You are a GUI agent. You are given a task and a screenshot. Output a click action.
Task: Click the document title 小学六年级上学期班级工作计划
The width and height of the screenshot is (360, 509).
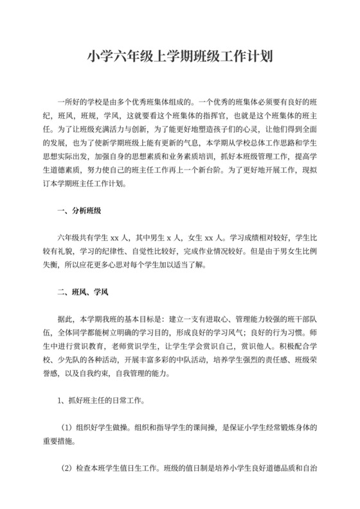pos(180,57)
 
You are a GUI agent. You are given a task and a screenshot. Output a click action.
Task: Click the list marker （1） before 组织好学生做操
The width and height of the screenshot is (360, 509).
pos(67,426)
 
